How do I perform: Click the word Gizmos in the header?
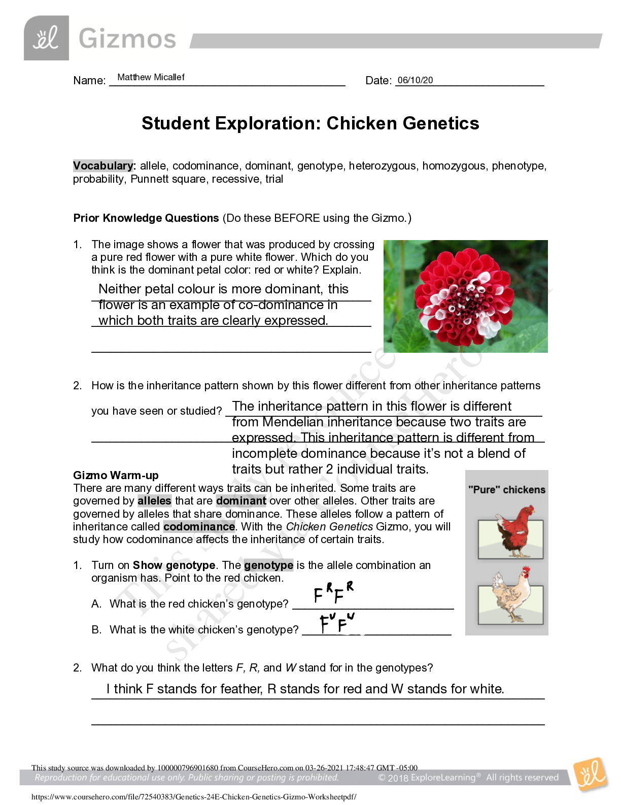click(x=127, y=39)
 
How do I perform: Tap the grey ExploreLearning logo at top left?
click(x=46, y=39)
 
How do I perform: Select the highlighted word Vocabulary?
click(x=103, y=166)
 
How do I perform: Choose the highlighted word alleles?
click(x=154, y=501)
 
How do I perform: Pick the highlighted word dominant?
click(x=241, y=501)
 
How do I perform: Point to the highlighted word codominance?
click(x=199, y=526)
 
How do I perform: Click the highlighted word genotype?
click(x=268, y=565)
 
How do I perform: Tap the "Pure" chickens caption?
click(x=506, y=490)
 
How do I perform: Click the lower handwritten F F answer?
click(x=336, y=626)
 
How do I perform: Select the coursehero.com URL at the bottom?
click(x=194, y=797)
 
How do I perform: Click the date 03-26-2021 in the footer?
click(x=323, y=768)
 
